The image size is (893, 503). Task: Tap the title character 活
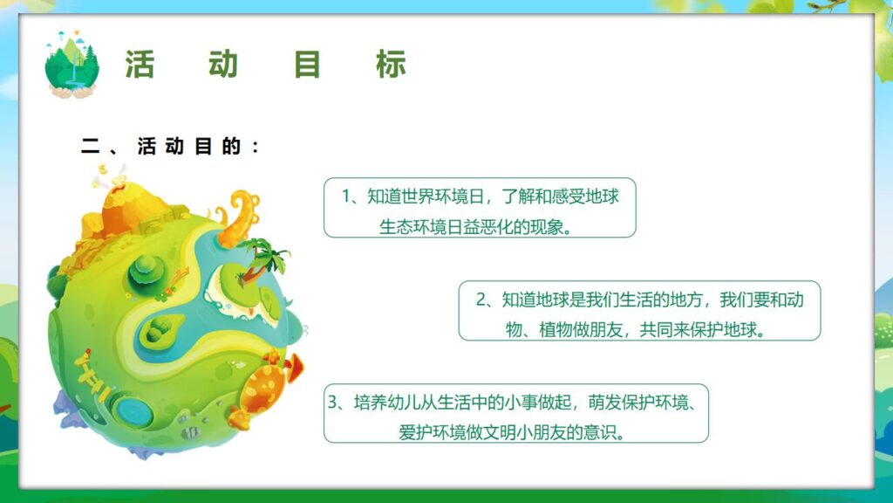point(140,65)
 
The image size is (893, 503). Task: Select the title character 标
point(392,65)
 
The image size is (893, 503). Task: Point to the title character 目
point(308,65)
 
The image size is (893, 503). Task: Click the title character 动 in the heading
point(223,65)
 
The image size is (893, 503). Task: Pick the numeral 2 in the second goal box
point(481,300)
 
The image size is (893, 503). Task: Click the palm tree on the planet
point(265,258)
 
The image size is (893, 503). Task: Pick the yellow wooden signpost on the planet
point(92,370)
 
